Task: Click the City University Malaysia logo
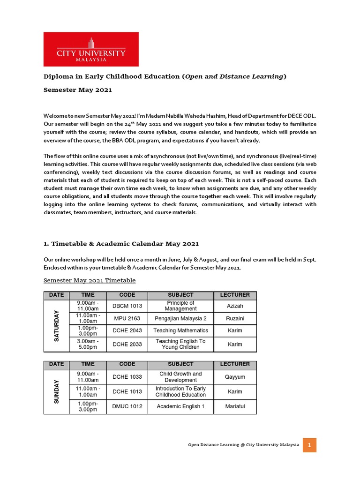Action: (x=91, y=49)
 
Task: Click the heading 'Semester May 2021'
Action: (x=78, y=90)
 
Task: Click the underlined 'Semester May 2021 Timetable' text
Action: (x=90, y=280)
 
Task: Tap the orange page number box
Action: (x=309, y=445)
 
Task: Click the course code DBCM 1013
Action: (x=127, y=306)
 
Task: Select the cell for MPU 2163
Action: (x=127, y=319)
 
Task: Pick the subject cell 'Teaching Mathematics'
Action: (x=180, y=331)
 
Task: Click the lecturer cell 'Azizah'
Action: (x=235, y=306)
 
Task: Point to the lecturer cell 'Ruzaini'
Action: (x=235, y=319)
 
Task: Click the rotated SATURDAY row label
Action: (x=57, y=325)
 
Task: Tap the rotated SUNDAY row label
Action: (x=57, y=391)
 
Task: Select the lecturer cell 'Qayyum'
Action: (x=235, y=377)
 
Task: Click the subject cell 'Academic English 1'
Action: (x=180, y=406)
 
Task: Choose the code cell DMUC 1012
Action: (x=127, y=406)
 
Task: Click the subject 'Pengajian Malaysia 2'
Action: (x=180, y=319)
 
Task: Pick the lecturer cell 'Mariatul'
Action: (x=235, y=406)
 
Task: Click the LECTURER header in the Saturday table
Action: (x=235, y=295)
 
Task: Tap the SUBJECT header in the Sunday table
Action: (x=180, y=364)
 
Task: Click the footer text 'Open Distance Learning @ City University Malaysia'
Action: (x=243, y=445)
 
